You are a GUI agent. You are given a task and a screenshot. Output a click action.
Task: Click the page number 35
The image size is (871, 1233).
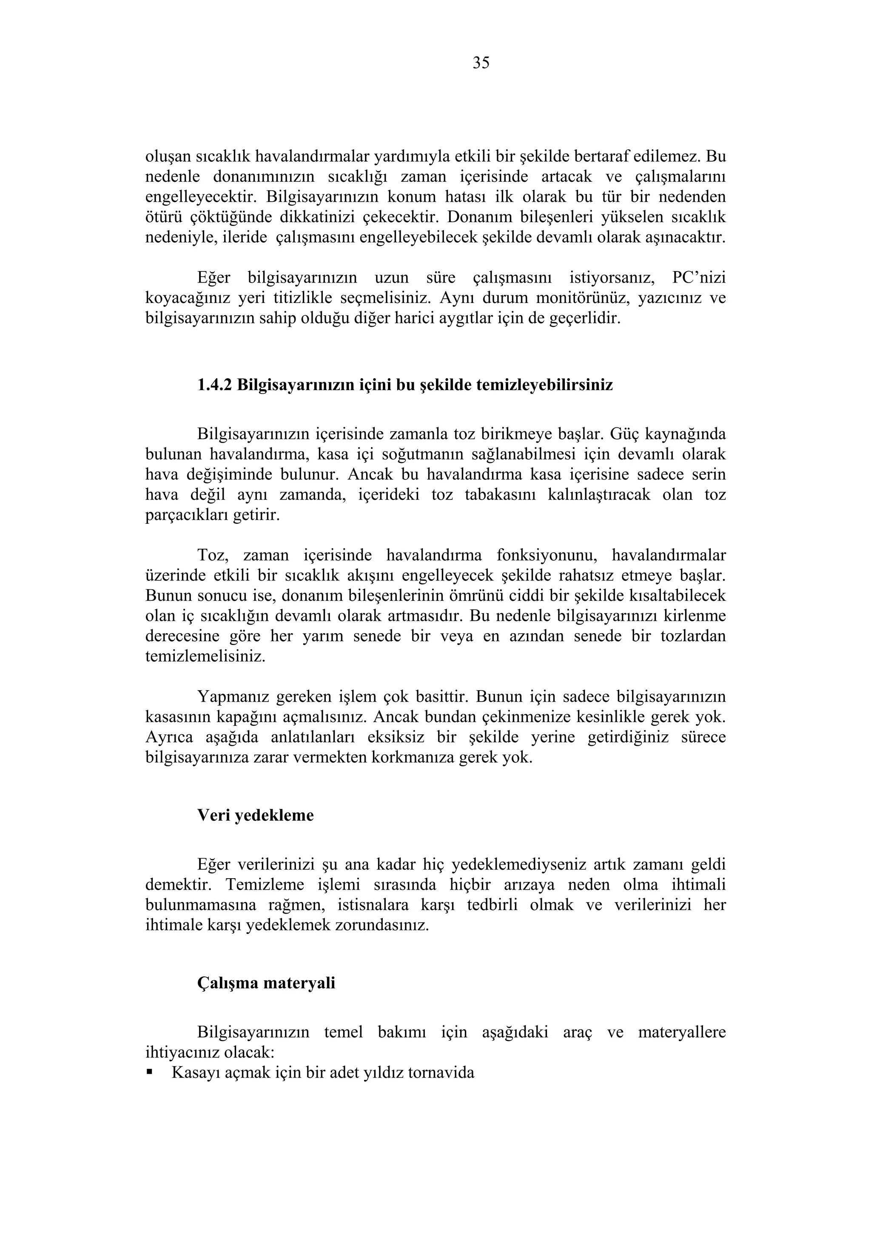(481, 63)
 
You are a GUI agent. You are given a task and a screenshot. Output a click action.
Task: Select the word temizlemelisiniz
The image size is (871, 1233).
(205, 656)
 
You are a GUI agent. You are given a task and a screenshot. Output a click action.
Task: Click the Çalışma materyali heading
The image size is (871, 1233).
(266, 983)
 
